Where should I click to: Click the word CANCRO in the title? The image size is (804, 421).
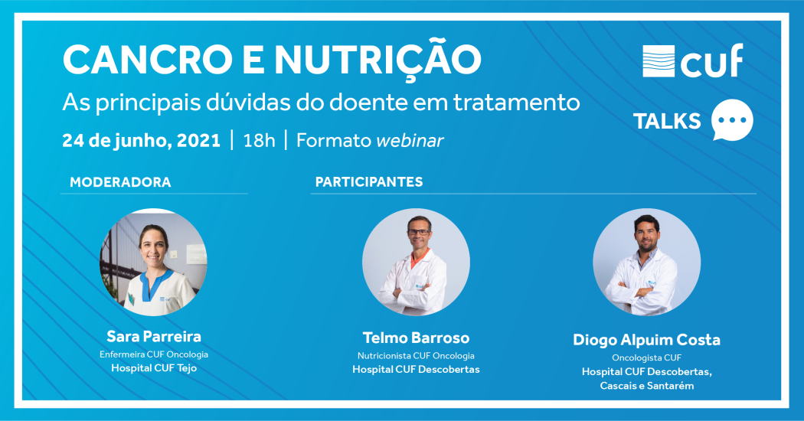pos(147,60)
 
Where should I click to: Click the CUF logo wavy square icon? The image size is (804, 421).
pos(659,61)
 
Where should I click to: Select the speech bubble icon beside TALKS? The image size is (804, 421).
pos(732,120)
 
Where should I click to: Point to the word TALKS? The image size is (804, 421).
pos(667,122)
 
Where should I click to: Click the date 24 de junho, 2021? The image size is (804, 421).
pos(142,141)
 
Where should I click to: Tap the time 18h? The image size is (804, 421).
pos(259,141)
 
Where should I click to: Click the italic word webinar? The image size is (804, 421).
pos(410,141)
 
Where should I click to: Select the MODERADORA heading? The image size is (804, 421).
pos(120,182)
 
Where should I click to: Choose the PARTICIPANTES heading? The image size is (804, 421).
pos(369,182)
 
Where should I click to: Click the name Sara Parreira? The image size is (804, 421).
pos(154,336)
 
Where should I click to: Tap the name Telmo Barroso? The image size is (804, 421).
pos(416,338)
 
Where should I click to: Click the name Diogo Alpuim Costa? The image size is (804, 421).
pos(646,340)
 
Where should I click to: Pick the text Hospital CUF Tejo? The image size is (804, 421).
pos(154,368)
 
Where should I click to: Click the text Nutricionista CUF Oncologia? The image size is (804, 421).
pos(416,356)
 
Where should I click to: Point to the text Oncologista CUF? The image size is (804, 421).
pos(646,358)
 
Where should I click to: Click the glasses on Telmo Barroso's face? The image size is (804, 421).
pos(419,232)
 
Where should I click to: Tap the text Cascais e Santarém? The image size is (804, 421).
pos(646,386)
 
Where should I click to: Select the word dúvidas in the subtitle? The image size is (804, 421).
pos(249,103)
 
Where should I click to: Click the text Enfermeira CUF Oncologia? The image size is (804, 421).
pos(154,354)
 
